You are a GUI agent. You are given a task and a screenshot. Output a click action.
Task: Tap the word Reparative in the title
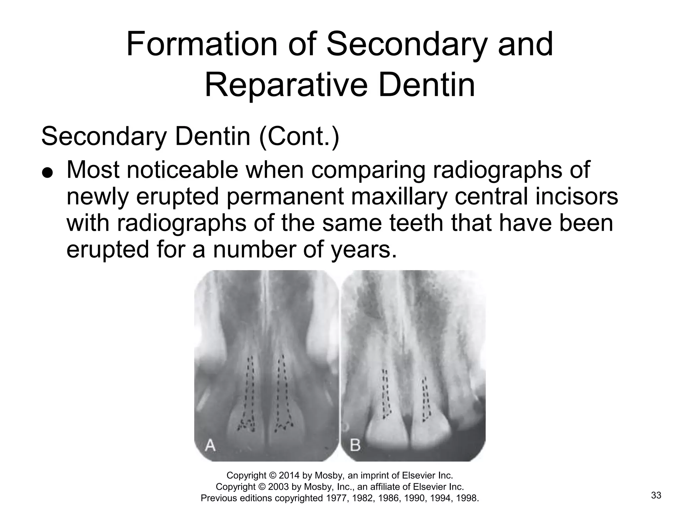286,85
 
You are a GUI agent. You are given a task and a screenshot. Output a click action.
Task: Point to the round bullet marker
48,173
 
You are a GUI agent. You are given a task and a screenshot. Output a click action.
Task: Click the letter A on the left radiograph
210,445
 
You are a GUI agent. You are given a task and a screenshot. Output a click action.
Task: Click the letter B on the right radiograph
355,445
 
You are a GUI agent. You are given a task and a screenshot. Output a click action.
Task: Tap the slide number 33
656,495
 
